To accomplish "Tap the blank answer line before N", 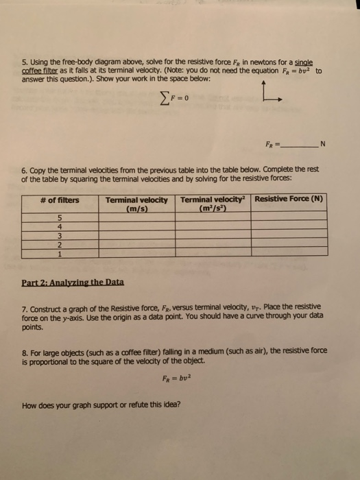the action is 297,145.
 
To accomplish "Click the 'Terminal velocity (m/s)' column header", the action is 137,204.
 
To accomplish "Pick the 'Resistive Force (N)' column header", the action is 289,200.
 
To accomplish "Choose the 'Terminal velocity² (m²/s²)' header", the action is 213,204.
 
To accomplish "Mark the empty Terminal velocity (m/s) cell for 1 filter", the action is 137,252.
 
